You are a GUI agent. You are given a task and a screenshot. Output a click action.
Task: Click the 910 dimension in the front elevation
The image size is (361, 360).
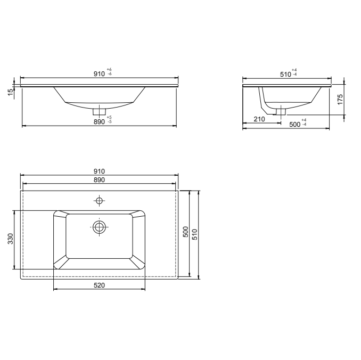99,73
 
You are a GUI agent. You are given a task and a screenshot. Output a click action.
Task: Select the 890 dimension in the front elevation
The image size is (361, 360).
99,121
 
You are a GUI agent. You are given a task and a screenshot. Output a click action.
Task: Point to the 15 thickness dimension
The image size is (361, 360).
10,93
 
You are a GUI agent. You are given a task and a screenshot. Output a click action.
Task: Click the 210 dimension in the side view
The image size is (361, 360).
259,119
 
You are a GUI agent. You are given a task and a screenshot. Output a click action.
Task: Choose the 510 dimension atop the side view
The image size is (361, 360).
285,74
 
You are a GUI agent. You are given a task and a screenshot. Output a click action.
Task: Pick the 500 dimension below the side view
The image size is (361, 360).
294,124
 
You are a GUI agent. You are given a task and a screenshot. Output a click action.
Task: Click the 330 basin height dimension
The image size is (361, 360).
10,240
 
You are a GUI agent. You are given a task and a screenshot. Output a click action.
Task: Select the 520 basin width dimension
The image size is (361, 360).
99,285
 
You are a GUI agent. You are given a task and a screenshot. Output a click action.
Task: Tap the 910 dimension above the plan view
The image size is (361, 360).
99,171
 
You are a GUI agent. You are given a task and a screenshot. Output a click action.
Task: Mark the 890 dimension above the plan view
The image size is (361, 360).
99,181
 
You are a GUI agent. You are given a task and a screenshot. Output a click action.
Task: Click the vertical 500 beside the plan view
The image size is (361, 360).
185,233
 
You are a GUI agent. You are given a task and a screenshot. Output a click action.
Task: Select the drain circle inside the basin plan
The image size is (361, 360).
99,227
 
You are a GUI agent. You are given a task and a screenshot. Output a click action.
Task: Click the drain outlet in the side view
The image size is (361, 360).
280,111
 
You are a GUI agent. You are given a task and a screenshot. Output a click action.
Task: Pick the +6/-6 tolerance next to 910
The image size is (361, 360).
109,72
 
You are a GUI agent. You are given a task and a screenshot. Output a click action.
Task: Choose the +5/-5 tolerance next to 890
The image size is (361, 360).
109,119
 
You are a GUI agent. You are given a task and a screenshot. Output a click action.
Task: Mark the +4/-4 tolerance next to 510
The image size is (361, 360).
294,72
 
